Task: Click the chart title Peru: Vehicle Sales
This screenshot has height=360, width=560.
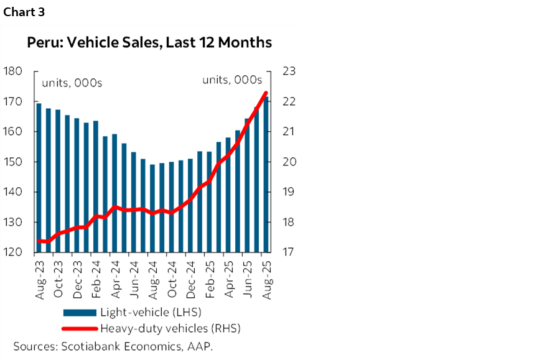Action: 149,43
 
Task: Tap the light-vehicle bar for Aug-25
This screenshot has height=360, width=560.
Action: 266,175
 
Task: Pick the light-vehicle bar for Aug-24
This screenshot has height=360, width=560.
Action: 152,208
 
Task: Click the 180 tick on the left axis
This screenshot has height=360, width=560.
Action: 13,72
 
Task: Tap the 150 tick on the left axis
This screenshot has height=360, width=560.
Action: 13,162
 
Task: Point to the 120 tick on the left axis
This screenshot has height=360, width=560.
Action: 13,253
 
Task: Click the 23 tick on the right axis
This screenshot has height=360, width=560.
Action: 288,72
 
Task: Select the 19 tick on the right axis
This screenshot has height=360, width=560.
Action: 288,193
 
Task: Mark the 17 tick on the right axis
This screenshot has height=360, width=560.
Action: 288,253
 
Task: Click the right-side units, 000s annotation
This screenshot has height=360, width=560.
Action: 232,80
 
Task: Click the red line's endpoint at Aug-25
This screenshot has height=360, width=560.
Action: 266,93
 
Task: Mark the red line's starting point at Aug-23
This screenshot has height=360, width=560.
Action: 39,241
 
